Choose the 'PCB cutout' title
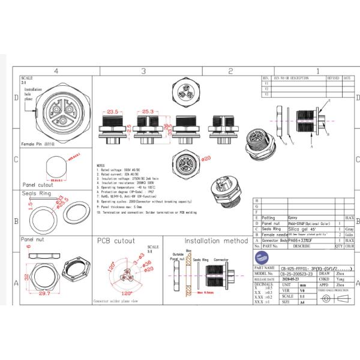pyautogui.click(x=120, y=241)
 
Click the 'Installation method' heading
pyautogui.click(x=215, y=241)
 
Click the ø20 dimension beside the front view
pyautogui.click(x=207, y=158)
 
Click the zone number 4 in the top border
pyautogui.click(x=56, y=71)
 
